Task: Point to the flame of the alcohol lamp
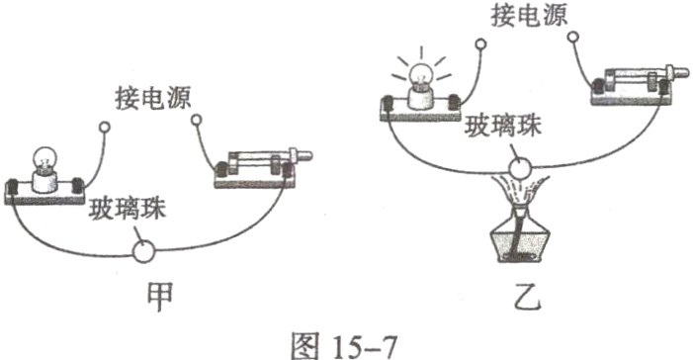tap(520, 194)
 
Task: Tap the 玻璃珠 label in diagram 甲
tap(125, 210)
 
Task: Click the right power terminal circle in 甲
tap(196, 122)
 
